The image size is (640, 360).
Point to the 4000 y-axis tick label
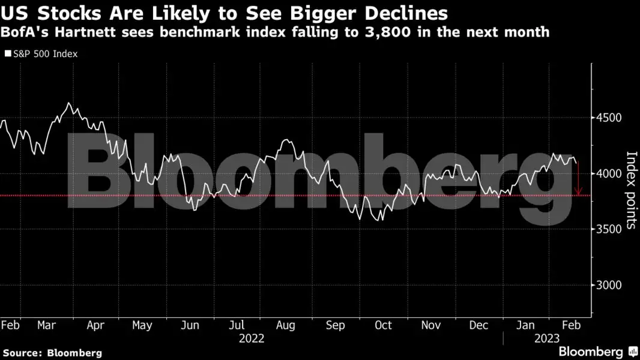[x=609, y=173]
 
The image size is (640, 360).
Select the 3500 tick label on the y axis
[x=609, y=229]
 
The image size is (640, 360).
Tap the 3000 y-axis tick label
[x=609, y=285]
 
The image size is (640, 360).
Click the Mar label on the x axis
[x=46, y=325]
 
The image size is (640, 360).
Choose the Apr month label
[x=95, y=325]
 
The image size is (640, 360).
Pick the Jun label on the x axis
[x=190, y=325]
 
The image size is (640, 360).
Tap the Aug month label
[x=286, y=325]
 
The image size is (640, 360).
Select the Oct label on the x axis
[x=383, y=325]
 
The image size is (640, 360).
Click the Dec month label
[x=478, y=325]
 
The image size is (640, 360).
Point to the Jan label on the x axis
[x=526, y=325]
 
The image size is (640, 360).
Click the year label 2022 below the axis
[x=252, y=338]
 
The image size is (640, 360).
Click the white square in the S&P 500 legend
[x=8, y=54]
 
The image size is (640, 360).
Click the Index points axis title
[x=631, y=190]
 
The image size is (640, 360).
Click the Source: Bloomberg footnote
[x=52, y=353]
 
